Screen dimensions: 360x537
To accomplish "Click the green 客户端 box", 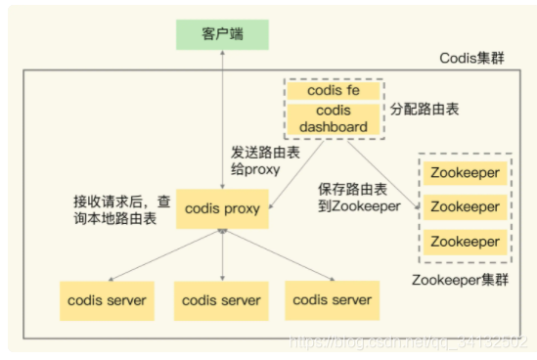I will pyautogui.click(x=223, y=33).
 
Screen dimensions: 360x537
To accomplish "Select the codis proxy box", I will pyautogui.click(x=223, y=209).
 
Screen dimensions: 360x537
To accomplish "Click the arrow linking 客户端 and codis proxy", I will pyautogui.click(x=223, y=117).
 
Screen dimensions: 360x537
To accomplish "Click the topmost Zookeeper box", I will pyautogui.click(x=465, y=175).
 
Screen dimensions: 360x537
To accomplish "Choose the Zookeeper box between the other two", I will pyautogui.click(x=465, y=207).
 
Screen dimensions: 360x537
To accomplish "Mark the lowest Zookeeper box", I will pyautogui.click(x=465, y=240).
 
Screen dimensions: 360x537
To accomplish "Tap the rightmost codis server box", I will pyautogui.click(x=333, y=299).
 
